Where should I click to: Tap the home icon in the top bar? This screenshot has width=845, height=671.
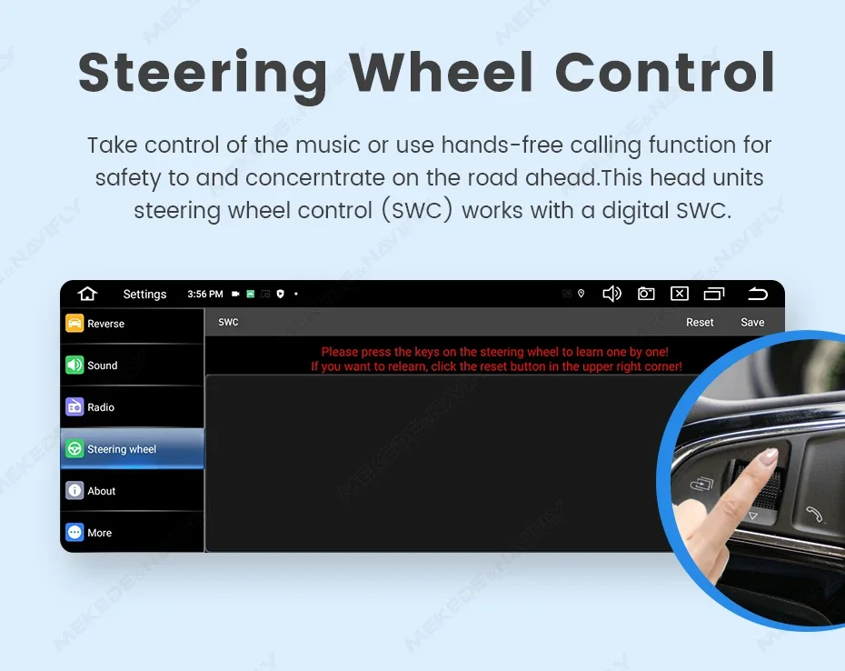click(x=87, y=294)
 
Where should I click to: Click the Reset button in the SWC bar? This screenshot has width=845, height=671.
click(x=700, y=322)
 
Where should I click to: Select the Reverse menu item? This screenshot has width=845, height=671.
click(x=133, y=324)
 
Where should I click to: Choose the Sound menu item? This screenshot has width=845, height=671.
click(x=133, y=366)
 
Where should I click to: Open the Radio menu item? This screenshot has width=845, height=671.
click(x=133, y=407)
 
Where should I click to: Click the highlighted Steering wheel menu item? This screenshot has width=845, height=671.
click(x=133, y=449)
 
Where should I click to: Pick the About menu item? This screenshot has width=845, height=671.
click(x=133, y=491)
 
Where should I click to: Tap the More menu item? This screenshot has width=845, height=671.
click(x=133, y=533)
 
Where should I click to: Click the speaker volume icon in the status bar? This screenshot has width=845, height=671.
click(x=611, y=294)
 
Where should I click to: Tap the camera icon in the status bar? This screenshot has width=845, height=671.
click(x=646, y=294)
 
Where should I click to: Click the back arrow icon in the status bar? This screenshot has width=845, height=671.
click(x=758, y=294)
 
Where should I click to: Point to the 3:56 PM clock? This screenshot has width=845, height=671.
click(x=205, y=294)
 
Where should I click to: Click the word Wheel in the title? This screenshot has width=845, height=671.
click(x=442, y=72)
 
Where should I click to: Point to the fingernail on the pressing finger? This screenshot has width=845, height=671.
click(x=770, y=455)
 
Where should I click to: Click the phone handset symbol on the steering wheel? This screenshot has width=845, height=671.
click(x=814, y=514)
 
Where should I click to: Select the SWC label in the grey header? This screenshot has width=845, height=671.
click(x=228, y=322)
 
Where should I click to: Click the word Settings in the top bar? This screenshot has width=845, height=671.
click(x=144, y=294)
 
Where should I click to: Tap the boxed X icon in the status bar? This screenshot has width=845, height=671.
click(x=680, y=294)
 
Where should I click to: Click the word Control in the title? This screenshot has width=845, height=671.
click(x=665, y=72)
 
